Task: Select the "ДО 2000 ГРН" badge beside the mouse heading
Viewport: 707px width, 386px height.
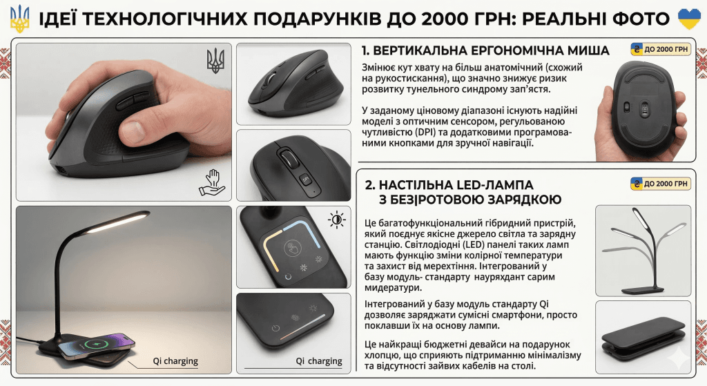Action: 661,49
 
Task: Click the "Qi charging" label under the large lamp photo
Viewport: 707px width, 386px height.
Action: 175,361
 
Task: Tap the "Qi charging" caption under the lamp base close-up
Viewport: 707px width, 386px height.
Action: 318,361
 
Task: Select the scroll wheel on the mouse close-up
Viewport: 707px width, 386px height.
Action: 290,160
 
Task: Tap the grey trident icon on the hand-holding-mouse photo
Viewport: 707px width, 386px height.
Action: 215,61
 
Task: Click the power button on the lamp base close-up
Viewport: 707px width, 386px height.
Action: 275,328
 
